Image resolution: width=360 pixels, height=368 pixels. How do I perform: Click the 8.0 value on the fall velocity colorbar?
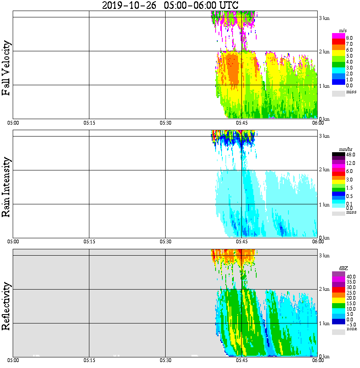pyautogui.click(x=349, y=38)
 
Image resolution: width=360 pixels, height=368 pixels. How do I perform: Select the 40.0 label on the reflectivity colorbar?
pyautogui.click(x=351, y=276)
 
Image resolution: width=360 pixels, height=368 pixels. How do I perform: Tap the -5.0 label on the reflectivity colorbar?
pyautogui.click(x=351, y=324)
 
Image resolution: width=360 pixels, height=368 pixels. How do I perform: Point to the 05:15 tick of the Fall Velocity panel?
pyautogui.click(x=89, y=123)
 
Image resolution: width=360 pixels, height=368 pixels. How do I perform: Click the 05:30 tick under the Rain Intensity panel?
pyautogui.click(x=165, y=242)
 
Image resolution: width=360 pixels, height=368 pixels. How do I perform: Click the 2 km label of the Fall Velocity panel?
pyautogui.click(x=324, y=52)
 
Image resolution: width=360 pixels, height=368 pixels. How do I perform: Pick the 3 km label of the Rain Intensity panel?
pyautogui.click(x=324, y=136)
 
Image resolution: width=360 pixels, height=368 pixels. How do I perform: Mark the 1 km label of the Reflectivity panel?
pyautogui.click(x=324, y=323)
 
